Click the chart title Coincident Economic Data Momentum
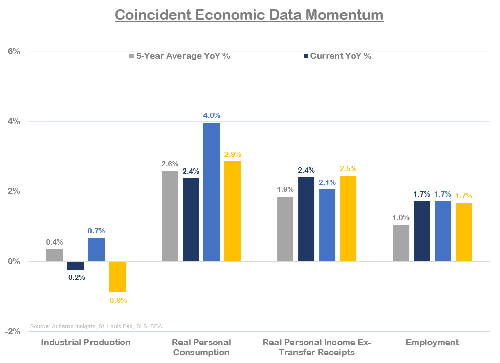pos(249,15)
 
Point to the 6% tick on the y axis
pos(13,51)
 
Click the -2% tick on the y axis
pos(12,332)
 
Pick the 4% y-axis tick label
pos(13,122)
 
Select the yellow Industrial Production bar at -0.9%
pos(117,277)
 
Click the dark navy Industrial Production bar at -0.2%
pos(75,265)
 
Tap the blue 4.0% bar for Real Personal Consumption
pos(212,192)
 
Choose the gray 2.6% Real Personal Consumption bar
pos(170,216)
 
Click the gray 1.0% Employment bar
pos(401,243)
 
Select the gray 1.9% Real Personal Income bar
pos(285,229)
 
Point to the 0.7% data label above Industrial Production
pos(96,231)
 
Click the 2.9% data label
pos(233,154)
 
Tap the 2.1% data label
pos(327,183)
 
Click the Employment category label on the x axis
pos(432,342)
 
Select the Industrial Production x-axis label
pos(86,342)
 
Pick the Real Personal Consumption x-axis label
pos(201,347)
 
